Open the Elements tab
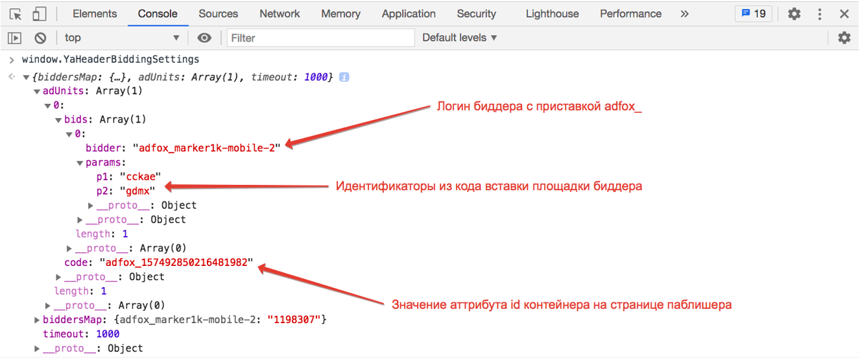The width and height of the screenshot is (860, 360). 95,14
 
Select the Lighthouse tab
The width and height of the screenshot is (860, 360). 552,14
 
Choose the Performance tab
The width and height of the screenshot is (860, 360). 630,14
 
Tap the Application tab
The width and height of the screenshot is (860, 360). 409,14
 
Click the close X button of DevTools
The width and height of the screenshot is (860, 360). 844,14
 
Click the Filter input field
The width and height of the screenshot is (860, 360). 321,38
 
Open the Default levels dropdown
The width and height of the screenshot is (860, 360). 459,38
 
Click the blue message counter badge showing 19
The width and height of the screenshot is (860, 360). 754,14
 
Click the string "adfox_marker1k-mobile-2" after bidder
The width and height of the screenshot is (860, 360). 211,148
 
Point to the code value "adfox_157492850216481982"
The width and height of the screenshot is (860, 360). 176,263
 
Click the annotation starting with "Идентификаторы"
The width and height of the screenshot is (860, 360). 488,186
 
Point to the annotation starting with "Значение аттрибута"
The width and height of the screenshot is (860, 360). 562,304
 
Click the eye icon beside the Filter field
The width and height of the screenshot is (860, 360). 204,38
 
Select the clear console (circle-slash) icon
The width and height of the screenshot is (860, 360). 40,38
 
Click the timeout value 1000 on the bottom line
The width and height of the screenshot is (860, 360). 108,334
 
